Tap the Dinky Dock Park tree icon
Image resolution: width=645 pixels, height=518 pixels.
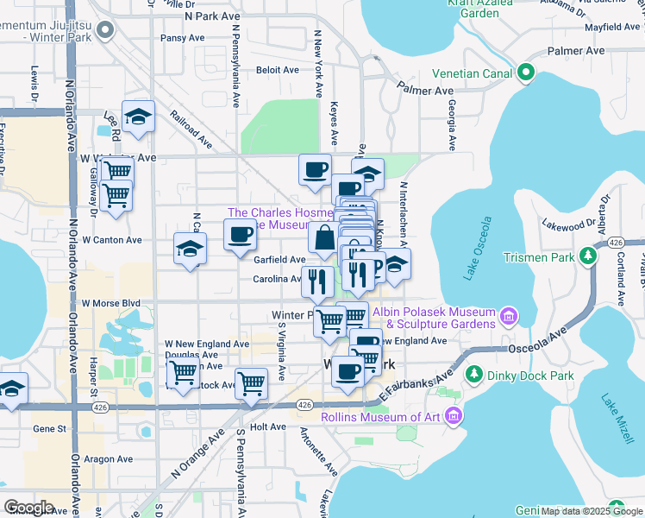(473, 375)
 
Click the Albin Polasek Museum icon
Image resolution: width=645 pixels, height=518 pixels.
(509, 318)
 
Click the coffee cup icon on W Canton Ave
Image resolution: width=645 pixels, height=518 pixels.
(241, 233)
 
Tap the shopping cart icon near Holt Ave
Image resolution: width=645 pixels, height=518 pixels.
(251, 382)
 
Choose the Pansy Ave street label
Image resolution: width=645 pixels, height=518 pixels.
(183, 38)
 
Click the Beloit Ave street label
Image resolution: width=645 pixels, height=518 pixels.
(278, 70)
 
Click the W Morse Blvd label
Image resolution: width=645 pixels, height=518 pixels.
(110, 304)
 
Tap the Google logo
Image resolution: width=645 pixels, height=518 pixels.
(28, 508)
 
